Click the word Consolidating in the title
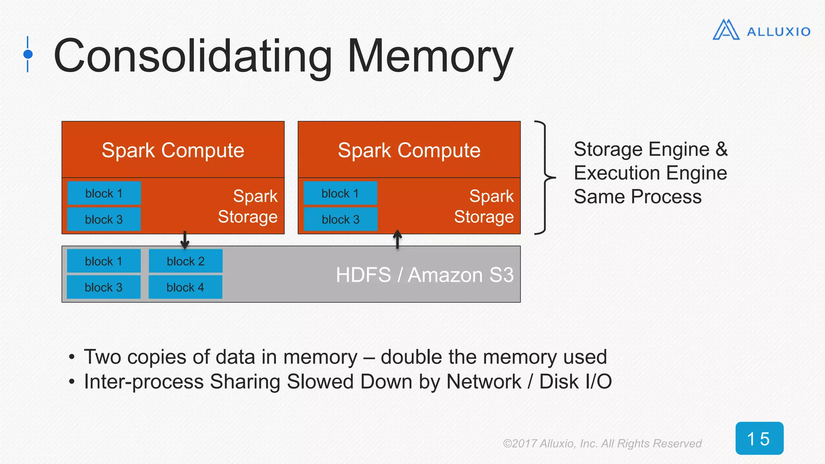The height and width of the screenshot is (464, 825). [193, 56]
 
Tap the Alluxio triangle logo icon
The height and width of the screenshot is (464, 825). [726, 30]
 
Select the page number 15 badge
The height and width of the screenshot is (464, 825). [759, 438]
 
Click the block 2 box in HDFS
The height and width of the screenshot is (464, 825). [185, 261]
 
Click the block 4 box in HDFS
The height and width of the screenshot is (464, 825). [185, 287]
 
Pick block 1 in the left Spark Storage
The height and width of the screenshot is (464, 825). [104, 193]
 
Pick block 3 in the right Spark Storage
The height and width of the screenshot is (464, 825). [340, 220]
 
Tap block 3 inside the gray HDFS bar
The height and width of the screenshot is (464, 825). [104, 287]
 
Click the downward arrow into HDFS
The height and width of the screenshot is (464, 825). [184, 240]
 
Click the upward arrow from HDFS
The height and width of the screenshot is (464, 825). [397, 239]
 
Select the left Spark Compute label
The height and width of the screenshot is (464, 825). [173, 150]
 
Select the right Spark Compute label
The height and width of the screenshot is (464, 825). [409, 150]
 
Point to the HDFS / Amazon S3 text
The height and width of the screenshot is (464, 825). [425, 275]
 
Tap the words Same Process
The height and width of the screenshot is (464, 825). [637, 197]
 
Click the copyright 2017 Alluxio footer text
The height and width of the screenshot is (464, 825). [602, 443]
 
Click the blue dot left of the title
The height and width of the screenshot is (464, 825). [28, 54]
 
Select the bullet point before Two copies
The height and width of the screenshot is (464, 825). [72, 357]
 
